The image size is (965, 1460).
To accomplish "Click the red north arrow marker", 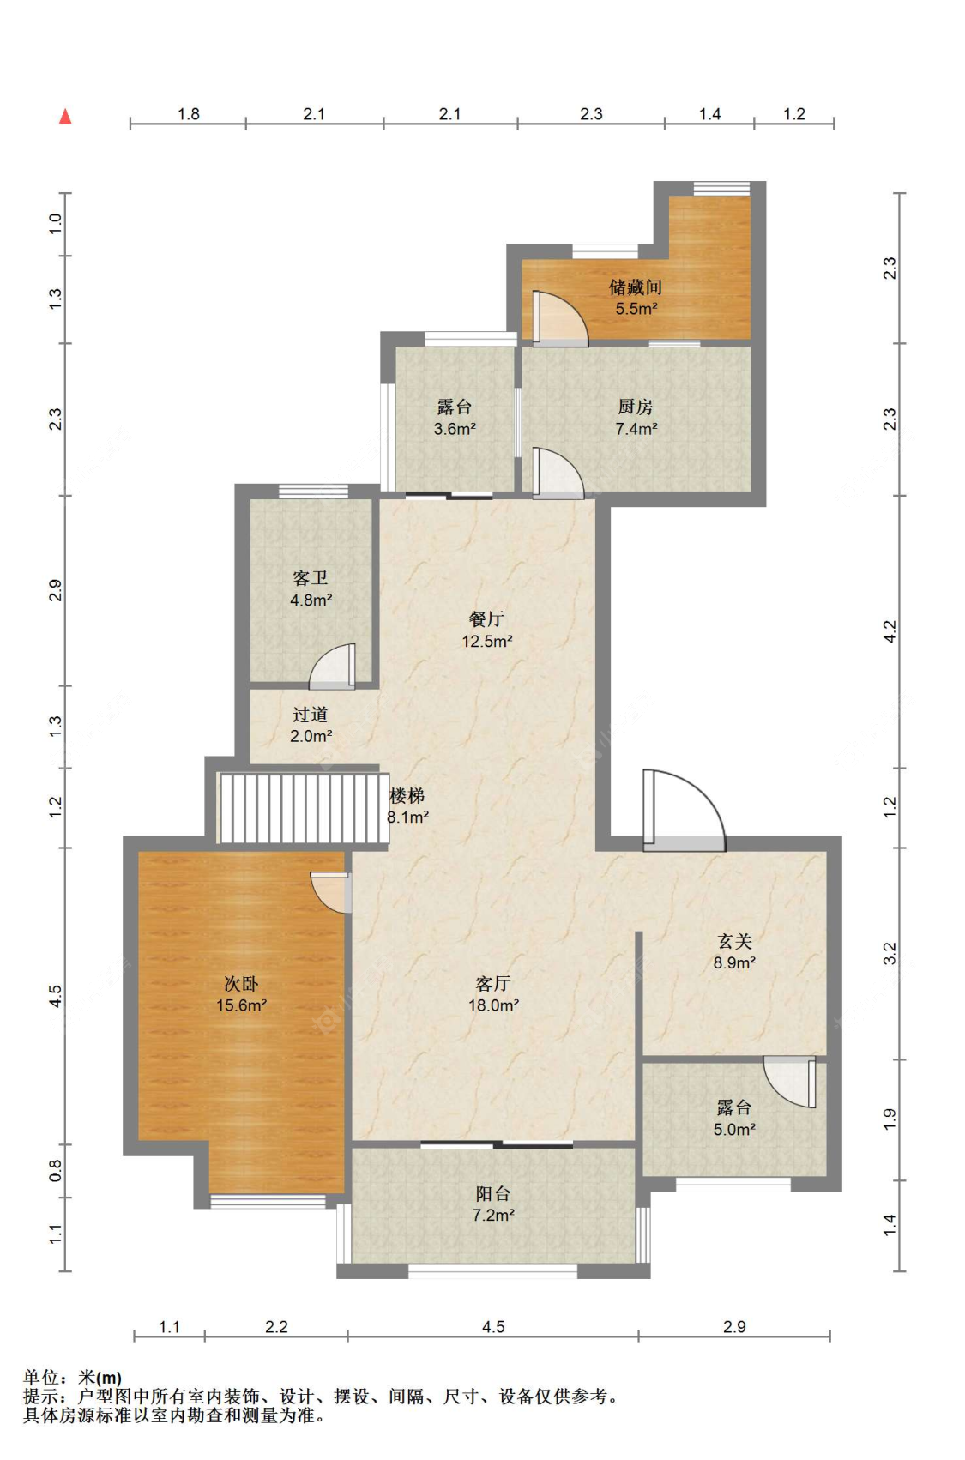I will tap(65, 117).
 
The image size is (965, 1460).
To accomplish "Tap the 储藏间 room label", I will tap(635, 287).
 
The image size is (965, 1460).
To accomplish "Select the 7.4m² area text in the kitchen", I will tap(636, 429).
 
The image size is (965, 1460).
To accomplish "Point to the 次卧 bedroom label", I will tap(241, 984).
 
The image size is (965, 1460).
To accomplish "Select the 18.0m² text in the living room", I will tap(493, 1005).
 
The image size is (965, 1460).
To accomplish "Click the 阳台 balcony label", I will tap(493, 1193).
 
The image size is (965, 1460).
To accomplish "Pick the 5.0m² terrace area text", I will tap(734, 1130).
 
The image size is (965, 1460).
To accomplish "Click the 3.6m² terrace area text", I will tap(455, 429).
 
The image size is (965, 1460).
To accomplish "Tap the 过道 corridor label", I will tap(310, 715).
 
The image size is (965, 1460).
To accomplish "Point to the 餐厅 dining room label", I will tap(486, 619).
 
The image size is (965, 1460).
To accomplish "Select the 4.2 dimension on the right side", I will tap(890, 632).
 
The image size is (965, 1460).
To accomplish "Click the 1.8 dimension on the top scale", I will tap(189, 114).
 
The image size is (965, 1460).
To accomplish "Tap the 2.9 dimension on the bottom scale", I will tap(734, 1327).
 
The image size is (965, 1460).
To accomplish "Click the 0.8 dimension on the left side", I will tap(56, 1170).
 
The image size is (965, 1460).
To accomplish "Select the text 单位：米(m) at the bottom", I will tap(72, 1378).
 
